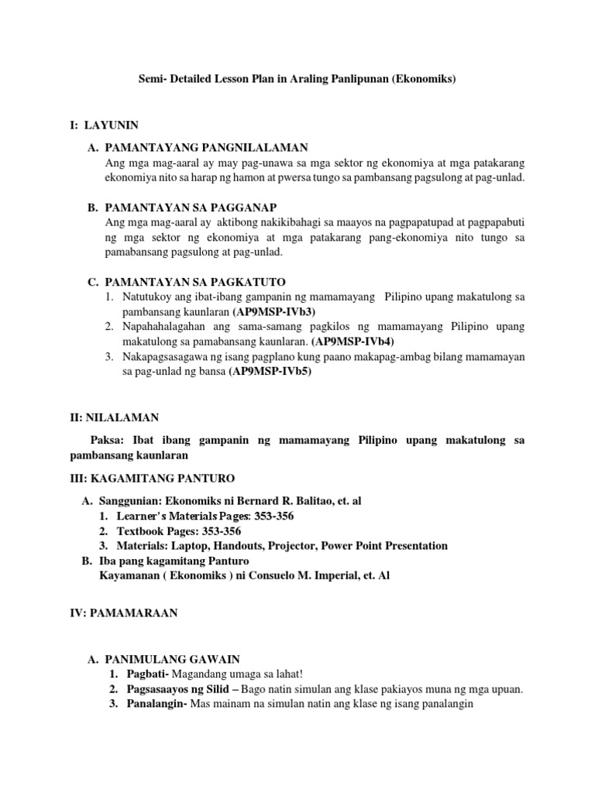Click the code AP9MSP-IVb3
274,311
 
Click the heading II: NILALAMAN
114,417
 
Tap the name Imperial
314,575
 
